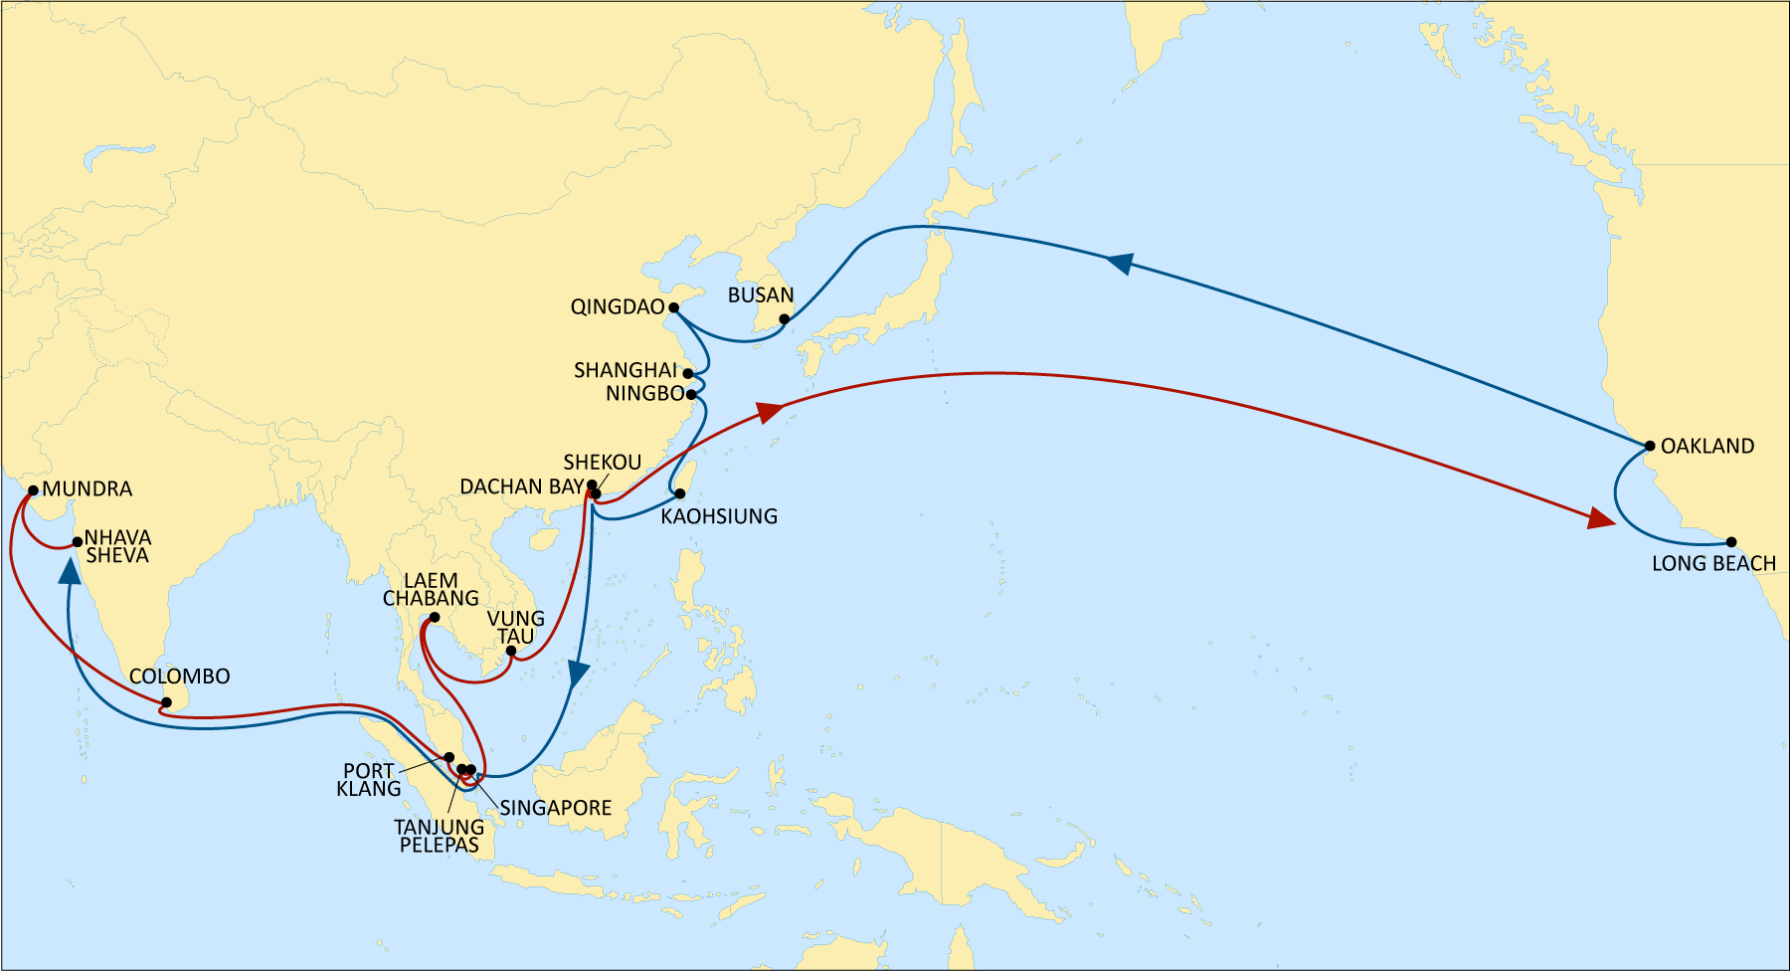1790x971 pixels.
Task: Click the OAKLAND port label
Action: (x=1706, y=446)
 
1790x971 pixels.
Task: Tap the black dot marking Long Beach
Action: (x=1731, y=542)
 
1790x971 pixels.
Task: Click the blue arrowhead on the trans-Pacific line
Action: (x=1121, y=263)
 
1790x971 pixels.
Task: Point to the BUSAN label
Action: (x=761, y=295)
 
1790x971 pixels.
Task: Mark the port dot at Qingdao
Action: (x=673, y=307)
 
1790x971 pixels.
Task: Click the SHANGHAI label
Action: (x=625, y=370)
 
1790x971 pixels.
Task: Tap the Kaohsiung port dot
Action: (x=680, y=493)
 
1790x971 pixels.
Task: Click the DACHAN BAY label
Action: (x=521, y=486)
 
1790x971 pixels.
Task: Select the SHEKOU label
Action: (x=602, y=463)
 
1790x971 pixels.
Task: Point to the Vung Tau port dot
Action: (x=510, y=652)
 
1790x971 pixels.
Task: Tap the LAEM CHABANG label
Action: (x=431, y=589)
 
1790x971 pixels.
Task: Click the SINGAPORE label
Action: (x=555, y=808)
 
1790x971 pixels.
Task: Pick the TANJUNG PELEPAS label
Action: (x=439, y=836)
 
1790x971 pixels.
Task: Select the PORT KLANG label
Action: (x=369, y=780)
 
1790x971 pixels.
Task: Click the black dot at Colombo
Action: (x=166, y=703)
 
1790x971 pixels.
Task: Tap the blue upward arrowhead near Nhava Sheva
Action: (x=70, y=571)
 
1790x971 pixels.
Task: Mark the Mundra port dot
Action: (x=33, y=490)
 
